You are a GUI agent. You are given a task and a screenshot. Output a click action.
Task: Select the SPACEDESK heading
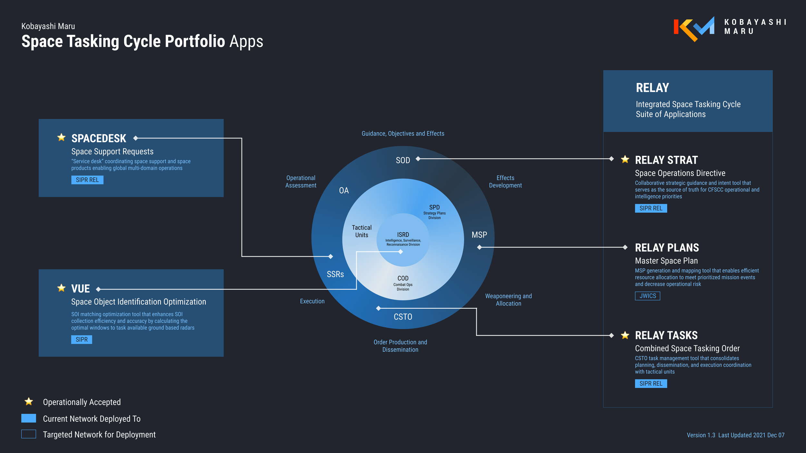coord(99,139)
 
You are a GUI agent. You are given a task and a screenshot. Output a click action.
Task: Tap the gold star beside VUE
coord(61,288)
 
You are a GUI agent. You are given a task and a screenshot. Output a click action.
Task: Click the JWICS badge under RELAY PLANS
coord(647,296)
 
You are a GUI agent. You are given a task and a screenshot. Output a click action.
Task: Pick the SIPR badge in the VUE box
coord(82,340)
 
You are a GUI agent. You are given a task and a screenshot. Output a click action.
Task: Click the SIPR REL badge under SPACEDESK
coord(87,180)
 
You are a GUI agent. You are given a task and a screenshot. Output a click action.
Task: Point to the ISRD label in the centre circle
coord(403,235)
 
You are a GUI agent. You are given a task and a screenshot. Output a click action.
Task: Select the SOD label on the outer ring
coord(403,160)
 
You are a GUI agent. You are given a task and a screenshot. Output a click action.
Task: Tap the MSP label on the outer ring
coord(479,235)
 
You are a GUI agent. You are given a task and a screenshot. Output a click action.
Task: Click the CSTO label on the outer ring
coord(403,317)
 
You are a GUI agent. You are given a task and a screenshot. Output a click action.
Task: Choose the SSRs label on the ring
coord(335,274)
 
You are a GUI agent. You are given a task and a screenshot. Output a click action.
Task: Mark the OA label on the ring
coord(344,190)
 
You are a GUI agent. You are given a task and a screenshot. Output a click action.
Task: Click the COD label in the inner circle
coord(403,278)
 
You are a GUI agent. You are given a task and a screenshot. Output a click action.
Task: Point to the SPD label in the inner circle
coord(434,207)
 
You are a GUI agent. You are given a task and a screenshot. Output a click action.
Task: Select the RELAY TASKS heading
coord(666,335)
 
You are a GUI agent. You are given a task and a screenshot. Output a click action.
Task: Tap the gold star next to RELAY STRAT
coord(625,159)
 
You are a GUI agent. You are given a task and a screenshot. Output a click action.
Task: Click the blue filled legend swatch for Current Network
coord(29,418)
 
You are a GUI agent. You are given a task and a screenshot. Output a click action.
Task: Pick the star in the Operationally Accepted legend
coord(29,401)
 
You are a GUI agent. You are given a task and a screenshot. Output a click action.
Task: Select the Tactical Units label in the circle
coord(361,231)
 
